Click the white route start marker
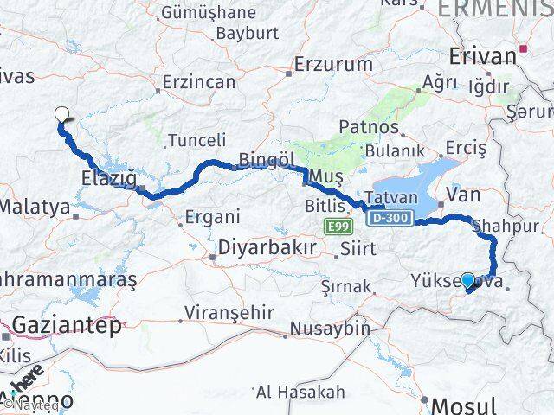point(61,113)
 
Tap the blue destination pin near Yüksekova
point(468,280)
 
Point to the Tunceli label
point(196,140)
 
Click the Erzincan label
point(200,82)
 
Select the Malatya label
point(35,207)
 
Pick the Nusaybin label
point(330,329)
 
